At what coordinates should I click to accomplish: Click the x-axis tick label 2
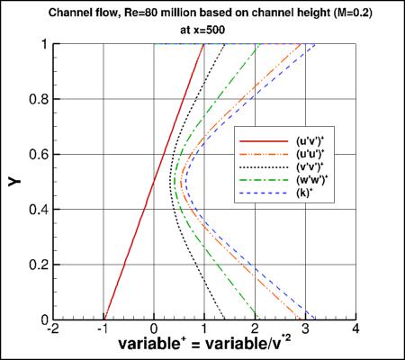tap(256, 329)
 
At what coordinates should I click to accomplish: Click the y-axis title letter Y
tap(15, 182)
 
